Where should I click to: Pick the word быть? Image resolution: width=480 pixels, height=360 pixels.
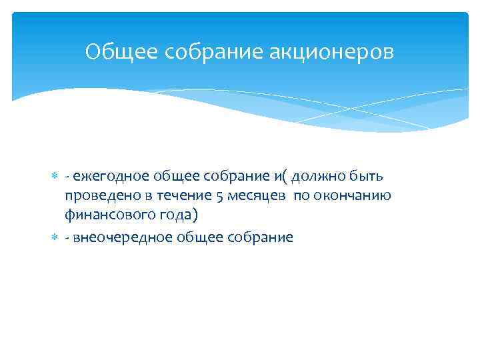368,176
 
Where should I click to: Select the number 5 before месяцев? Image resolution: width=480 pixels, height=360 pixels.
220,196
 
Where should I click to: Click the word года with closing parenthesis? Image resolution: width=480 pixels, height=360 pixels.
175,216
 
